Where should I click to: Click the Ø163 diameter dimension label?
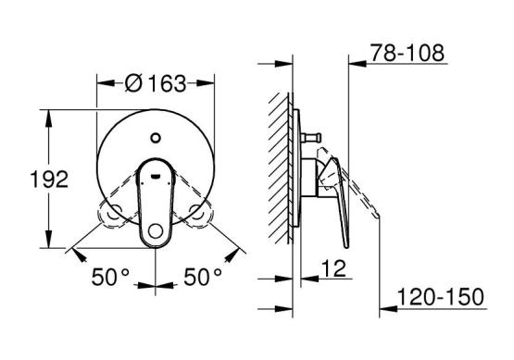pos(156,83)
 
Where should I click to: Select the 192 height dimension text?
pos(49,180)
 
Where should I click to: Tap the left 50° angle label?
pos(110,277)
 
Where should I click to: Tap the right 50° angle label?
pos(203,277)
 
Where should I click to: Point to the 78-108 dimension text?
pos(407,53)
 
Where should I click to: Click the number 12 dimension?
pos(333,269)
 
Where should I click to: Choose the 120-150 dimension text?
pos(441,297)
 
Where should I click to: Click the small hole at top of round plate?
pos(156,138)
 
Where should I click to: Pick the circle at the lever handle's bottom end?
pos(156,231)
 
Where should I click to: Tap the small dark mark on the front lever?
pos(155,177)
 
